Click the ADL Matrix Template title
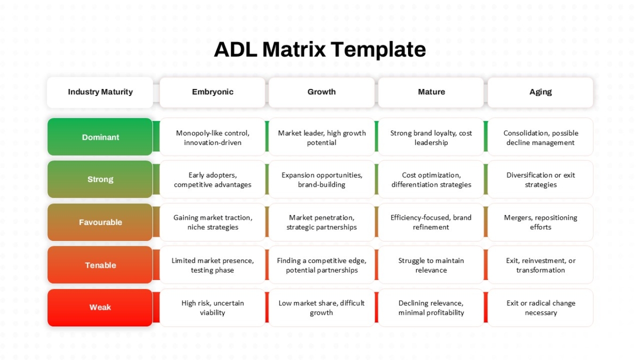pos(319,50)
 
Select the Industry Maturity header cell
pos(100,92)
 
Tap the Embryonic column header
pos(212,92)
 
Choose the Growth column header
pos(322,92)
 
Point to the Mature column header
pos(431,92)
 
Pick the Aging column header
pos(540,92)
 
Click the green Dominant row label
pos(100,137)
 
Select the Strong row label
pos(100,179)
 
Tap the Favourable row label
pos(100,222)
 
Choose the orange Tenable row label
pos(100,265)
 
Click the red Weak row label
pos(100,307)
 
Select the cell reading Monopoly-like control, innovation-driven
pos(212,137)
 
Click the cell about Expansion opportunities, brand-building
pos(322,179)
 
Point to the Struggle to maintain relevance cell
pos(431,265)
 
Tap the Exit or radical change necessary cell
pos(540,307)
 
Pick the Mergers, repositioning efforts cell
pos(540,222)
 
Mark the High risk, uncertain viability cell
pos(212,307)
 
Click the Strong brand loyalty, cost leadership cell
pos(431,137)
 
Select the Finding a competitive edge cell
pos(322,265)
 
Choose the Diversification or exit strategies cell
pos(540,179)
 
